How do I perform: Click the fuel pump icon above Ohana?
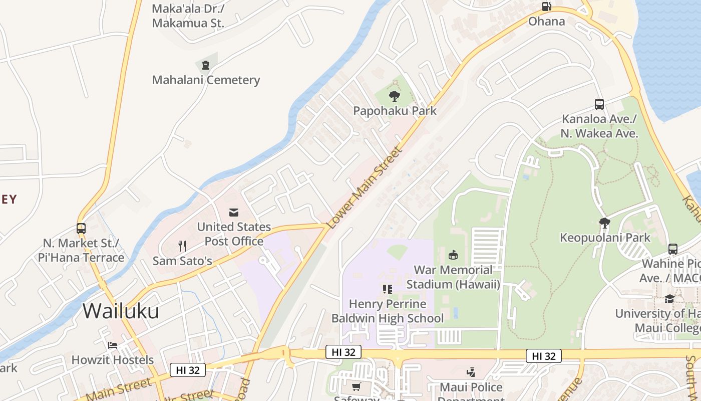point(547,7)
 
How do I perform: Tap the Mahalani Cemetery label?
point(206,80)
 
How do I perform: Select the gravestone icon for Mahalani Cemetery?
point(205,65)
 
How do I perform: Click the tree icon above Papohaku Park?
point(395,96)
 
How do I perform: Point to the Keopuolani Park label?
point(605,238)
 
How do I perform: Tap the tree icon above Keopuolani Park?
point(605,223)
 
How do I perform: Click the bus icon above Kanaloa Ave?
point(599,104)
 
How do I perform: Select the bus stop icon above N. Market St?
point(81,228)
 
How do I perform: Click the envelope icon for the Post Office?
point(234,212)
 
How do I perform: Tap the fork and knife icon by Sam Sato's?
point(182,246)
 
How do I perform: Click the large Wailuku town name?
point(121,311)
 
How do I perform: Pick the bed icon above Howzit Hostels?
point(113,345)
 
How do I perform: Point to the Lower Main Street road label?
point(364,188)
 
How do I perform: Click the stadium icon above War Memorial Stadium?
point(453,255)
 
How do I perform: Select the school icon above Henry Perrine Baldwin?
point(387,289)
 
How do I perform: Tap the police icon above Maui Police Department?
point(471,372)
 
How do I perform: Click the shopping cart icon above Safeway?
point(356,386)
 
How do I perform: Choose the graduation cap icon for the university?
point(669,299)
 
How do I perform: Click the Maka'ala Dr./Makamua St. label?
point(188,16)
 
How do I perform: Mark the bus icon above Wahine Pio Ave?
point(673,249)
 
